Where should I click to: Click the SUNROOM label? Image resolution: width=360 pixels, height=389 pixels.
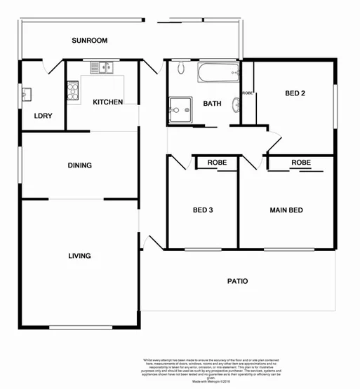tap(90, 41)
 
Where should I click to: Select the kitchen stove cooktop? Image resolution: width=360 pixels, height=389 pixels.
tap(72, 89)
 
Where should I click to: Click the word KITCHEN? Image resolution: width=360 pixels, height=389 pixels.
tap(108, 102)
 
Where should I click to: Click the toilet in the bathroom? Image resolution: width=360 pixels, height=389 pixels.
tap(180, 69)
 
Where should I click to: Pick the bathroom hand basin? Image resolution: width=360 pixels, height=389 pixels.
tap(236, 105)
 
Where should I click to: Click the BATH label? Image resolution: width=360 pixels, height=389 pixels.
tap(212, 104)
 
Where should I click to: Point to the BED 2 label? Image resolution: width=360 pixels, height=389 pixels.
tap(295, 93)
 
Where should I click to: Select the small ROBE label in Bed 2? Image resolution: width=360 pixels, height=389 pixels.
tap(247, 93)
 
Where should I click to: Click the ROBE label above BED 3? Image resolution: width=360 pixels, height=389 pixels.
tap(216, 163)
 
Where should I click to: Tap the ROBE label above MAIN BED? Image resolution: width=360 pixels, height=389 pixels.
tap(300, 163)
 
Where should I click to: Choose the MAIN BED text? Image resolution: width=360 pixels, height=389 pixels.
tap(286, 210)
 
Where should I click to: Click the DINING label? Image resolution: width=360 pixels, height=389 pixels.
tap(79, 165)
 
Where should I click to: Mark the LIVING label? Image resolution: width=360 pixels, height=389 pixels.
tap(79, 256)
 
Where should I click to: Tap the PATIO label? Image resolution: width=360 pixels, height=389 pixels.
tap(237, 281)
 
